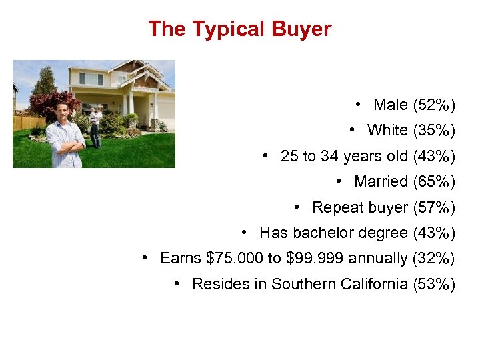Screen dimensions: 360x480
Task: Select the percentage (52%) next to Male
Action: [434, 105]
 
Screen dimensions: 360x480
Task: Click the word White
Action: [387, 131]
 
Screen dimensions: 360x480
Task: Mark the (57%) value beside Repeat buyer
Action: [434, 207]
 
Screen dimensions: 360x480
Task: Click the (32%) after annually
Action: [434, 258]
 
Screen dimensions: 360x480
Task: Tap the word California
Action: [374, 284]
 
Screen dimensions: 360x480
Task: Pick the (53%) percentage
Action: [434, 284]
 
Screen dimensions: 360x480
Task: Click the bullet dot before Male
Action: [359, 105]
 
